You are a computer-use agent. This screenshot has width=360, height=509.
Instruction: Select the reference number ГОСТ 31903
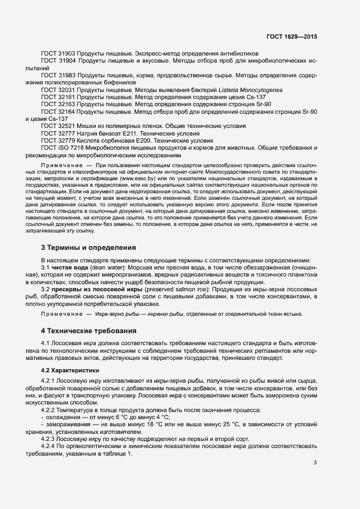(x=58, y=53)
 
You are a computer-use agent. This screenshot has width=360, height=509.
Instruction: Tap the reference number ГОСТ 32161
(x=58, y=96)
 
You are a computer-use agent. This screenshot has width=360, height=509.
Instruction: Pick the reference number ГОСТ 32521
(x=58, y=126)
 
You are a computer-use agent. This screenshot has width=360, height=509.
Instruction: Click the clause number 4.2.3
(x=50, y=438)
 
